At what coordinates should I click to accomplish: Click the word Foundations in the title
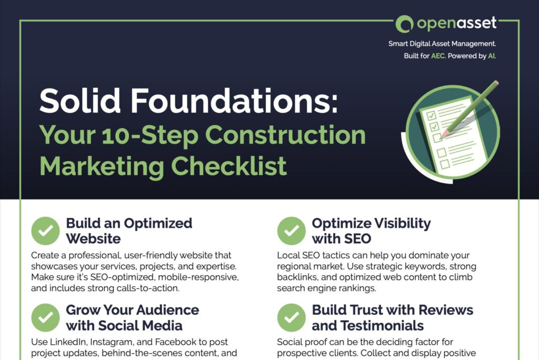(x=234, y=101)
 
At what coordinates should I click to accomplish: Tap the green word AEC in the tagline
(x=438, y=56)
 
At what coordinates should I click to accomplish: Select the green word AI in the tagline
(x=491, y=56)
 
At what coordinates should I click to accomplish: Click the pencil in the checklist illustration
(x=470, y=109)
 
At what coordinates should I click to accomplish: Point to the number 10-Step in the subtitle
(x=150, y=135)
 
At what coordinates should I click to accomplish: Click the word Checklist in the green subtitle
(x=228, y=166)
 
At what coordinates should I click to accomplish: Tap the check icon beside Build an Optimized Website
(x=45, y=231)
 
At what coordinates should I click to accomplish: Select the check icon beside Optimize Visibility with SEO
(x=292, y=231)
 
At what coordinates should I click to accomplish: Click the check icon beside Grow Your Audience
(x=45, y=318)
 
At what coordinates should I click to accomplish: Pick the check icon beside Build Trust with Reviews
(x=292, y=318)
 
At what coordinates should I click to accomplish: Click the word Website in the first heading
(x=93, y=238)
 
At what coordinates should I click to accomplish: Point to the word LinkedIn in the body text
(x=67, y=342)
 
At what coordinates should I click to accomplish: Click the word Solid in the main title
(x=80, y=101)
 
